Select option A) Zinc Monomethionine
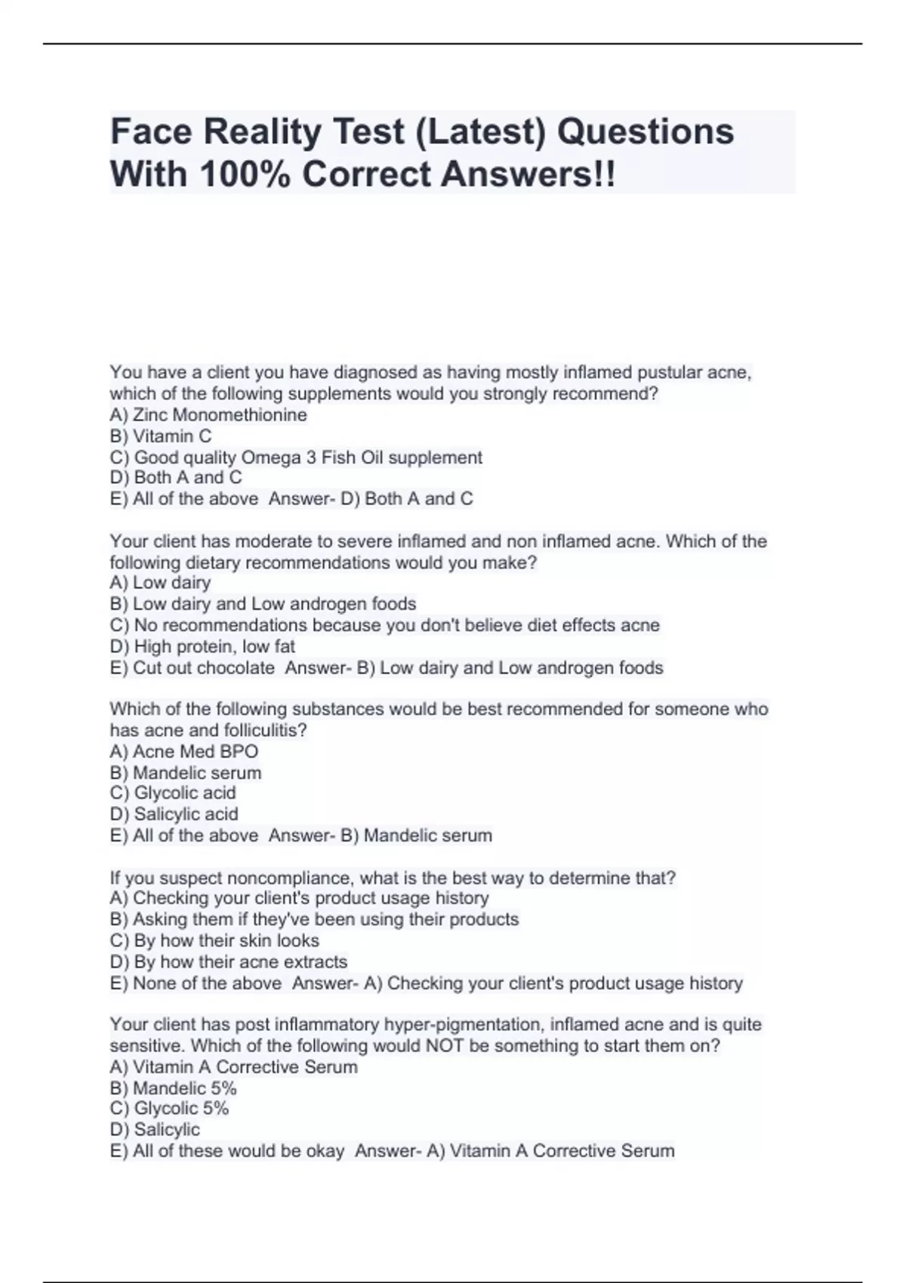point(208,415)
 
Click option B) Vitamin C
point(161,436)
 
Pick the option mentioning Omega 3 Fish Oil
point(296,457)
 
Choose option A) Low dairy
point(160,583)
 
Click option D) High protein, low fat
point(202,647)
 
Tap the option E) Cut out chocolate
point(193,668)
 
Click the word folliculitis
point(265,731)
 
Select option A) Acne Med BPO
point(184,752)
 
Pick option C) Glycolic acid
point(173,793)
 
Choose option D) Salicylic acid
point(174,814)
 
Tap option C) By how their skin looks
point(214,940)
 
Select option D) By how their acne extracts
point(229,962)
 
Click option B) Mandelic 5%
point(174,1088)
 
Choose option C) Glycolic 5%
point(170,1109)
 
